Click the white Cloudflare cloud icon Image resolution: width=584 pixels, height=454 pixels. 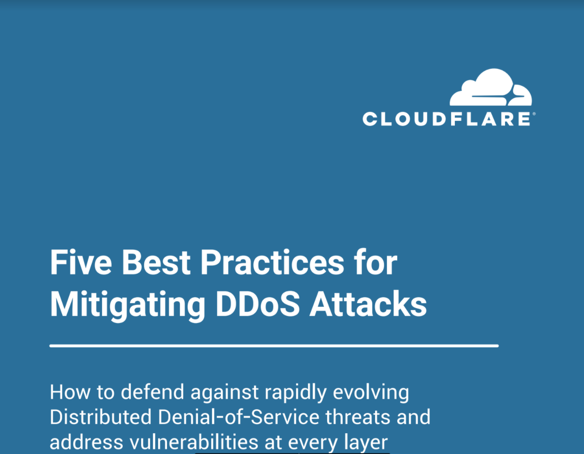pos(491,87)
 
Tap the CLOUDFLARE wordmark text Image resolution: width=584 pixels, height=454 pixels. pos(447,119)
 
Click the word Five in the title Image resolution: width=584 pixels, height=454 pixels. pos(81,262)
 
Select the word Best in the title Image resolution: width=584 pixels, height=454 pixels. pos(156,262)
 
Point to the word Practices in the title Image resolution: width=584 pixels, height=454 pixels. pos(272,262)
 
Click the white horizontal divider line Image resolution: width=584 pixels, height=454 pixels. pos(274,346)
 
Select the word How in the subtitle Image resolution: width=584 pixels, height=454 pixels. pos(70,392)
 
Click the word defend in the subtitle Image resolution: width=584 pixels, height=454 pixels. pos(152,392)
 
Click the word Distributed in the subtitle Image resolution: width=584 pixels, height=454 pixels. pos(101,417)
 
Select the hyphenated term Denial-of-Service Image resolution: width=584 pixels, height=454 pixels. pos(238,417)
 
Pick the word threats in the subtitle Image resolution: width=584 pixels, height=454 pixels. pos(358,417)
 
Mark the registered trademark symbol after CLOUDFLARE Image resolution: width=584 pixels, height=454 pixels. pos(534,114)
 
